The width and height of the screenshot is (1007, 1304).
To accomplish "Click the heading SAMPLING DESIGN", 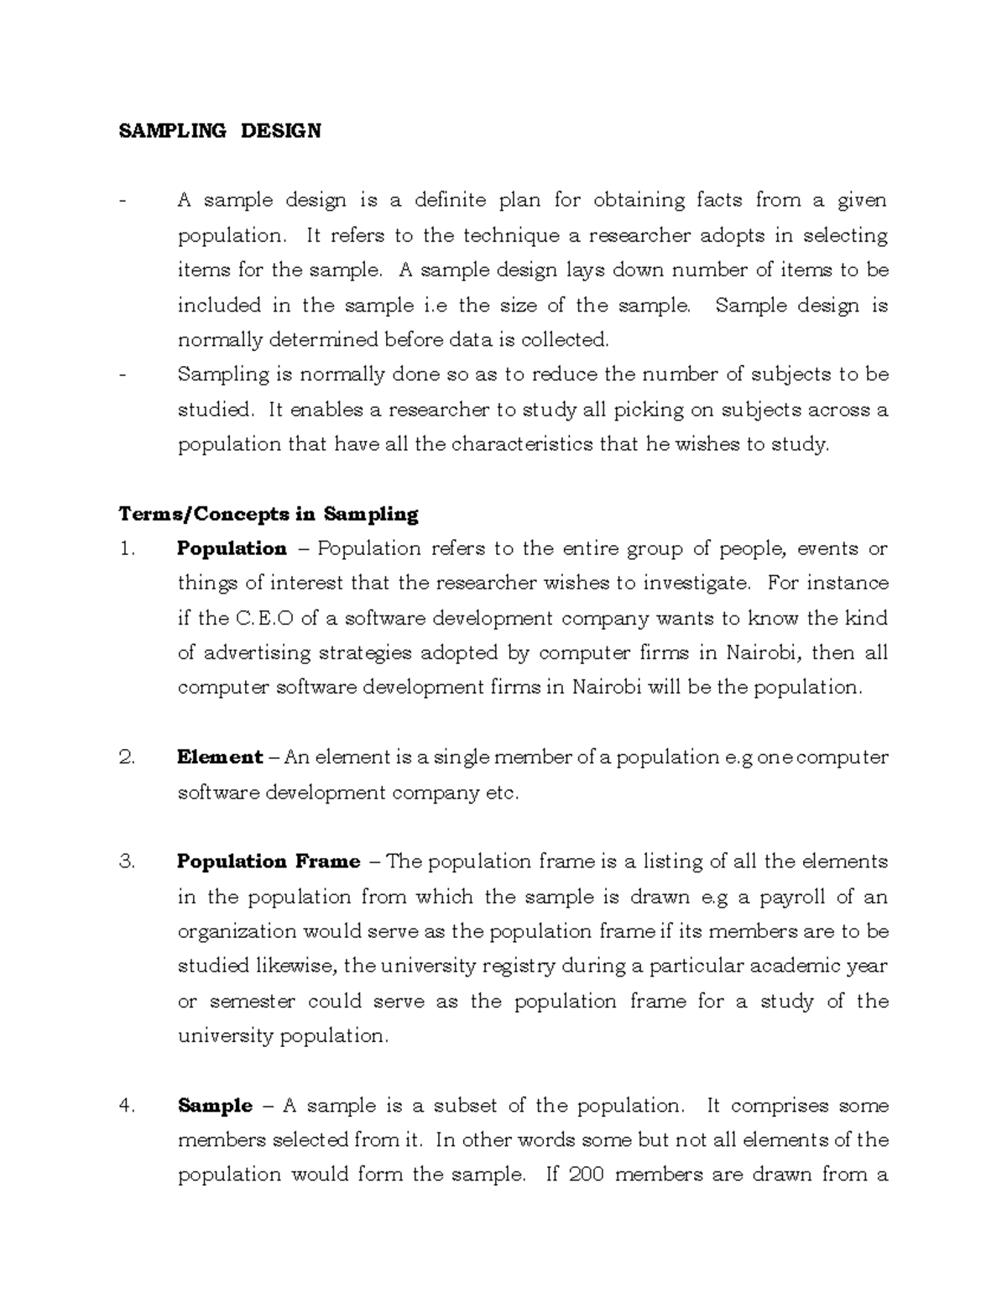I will click(x=220, y=131).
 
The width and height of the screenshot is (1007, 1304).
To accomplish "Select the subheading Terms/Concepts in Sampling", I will click(x=268, y=514).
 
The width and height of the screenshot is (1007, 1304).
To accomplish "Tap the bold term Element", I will click(x=220, y=757).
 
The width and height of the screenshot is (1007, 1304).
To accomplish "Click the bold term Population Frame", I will click(x=269, y=861).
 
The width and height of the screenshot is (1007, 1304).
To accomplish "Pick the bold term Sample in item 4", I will click(x=215, y=1106).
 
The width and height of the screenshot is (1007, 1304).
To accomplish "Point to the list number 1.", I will click(x=127, y=549).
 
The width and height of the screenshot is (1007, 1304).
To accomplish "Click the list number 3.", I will click(x=127, y=861).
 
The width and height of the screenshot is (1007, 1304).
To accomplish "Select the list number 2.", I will click(x=127, y=757).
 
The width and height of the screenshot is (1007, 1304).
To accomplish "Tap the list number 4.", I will click(x=127, y=1106).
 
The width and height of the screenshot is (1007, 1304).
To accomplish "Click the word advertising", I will click(x=252, y=653).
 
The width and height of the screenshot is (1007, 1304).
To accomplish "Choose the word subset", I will click(x=465, y=1106).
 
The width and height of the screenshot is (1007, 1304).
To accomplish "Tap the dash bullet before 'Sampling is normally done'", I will click(x=123, y=375).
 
